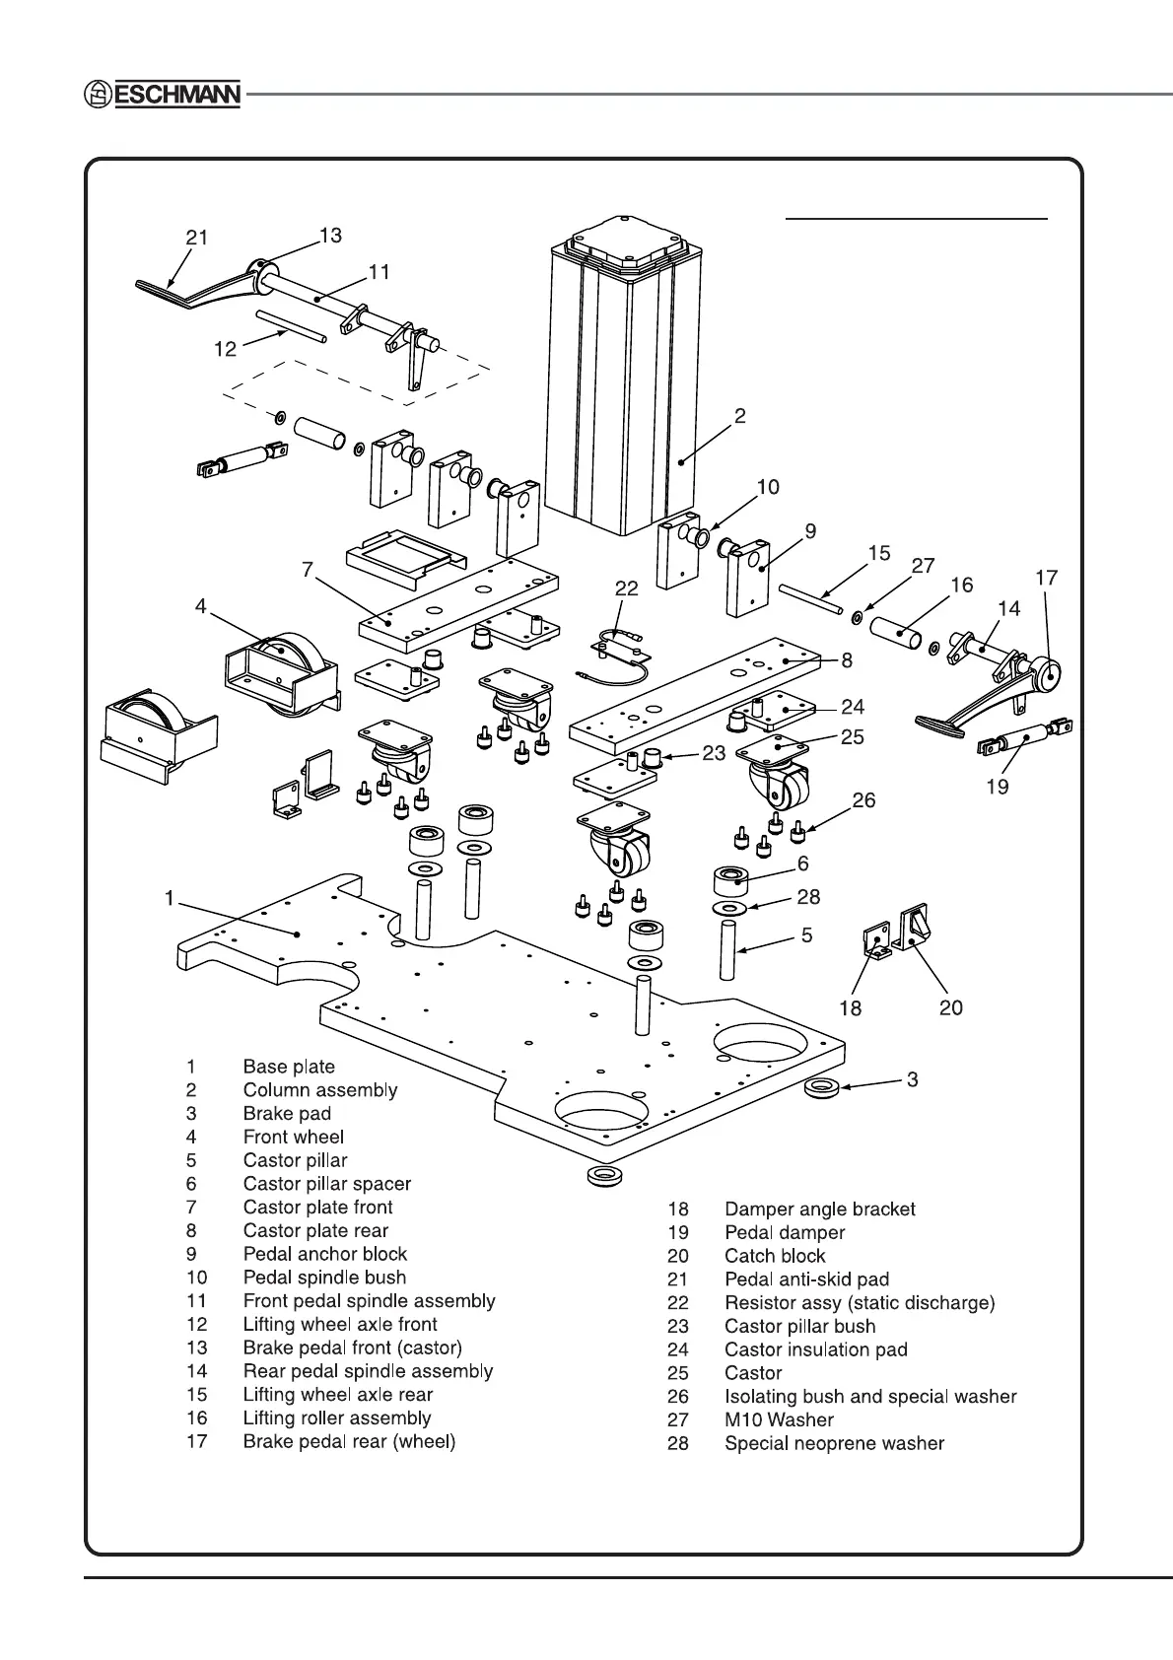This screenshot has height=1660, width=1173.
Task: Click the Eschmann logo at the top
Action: pos(161,96)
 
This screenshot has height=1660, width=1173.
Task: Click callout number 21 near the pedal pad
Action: pos(197,238)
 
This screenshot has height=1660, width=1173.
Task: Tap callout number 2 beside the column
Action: pos(739,416)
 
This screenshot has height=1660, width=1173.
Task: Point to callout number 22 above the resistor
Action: pos(627,588)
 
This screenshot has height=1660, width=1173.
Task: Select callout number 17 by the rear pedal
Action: pos(1047,578)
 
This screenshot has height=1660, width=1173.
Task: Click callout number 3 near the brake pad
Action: pos(913,1079)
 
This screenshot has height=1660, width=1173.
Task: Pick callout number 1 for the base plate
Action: pos(170,898)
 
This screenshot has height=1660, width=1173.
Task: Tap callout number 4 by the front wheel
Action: pos(201,606)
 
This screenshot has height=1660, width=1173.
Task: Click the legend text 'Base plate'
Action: pos(289,1067)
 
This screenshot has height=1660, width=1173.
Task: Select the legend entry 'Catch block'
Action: pos(775,1256)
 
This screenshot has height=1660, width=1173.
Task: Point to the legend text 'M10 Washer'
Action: pos(779,1419)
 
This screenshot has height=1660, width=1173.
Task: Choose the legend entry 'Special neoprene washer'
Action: pos(834,1443)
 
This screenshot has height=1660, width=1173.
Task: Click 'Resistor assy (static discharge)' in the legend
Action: pos(860,1303)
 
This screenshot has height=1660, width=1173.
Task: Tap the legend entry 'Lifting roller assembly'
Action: pos(337,1418)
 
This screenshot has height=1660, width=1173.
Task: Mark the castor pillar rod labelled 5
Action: pos(727,950)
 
